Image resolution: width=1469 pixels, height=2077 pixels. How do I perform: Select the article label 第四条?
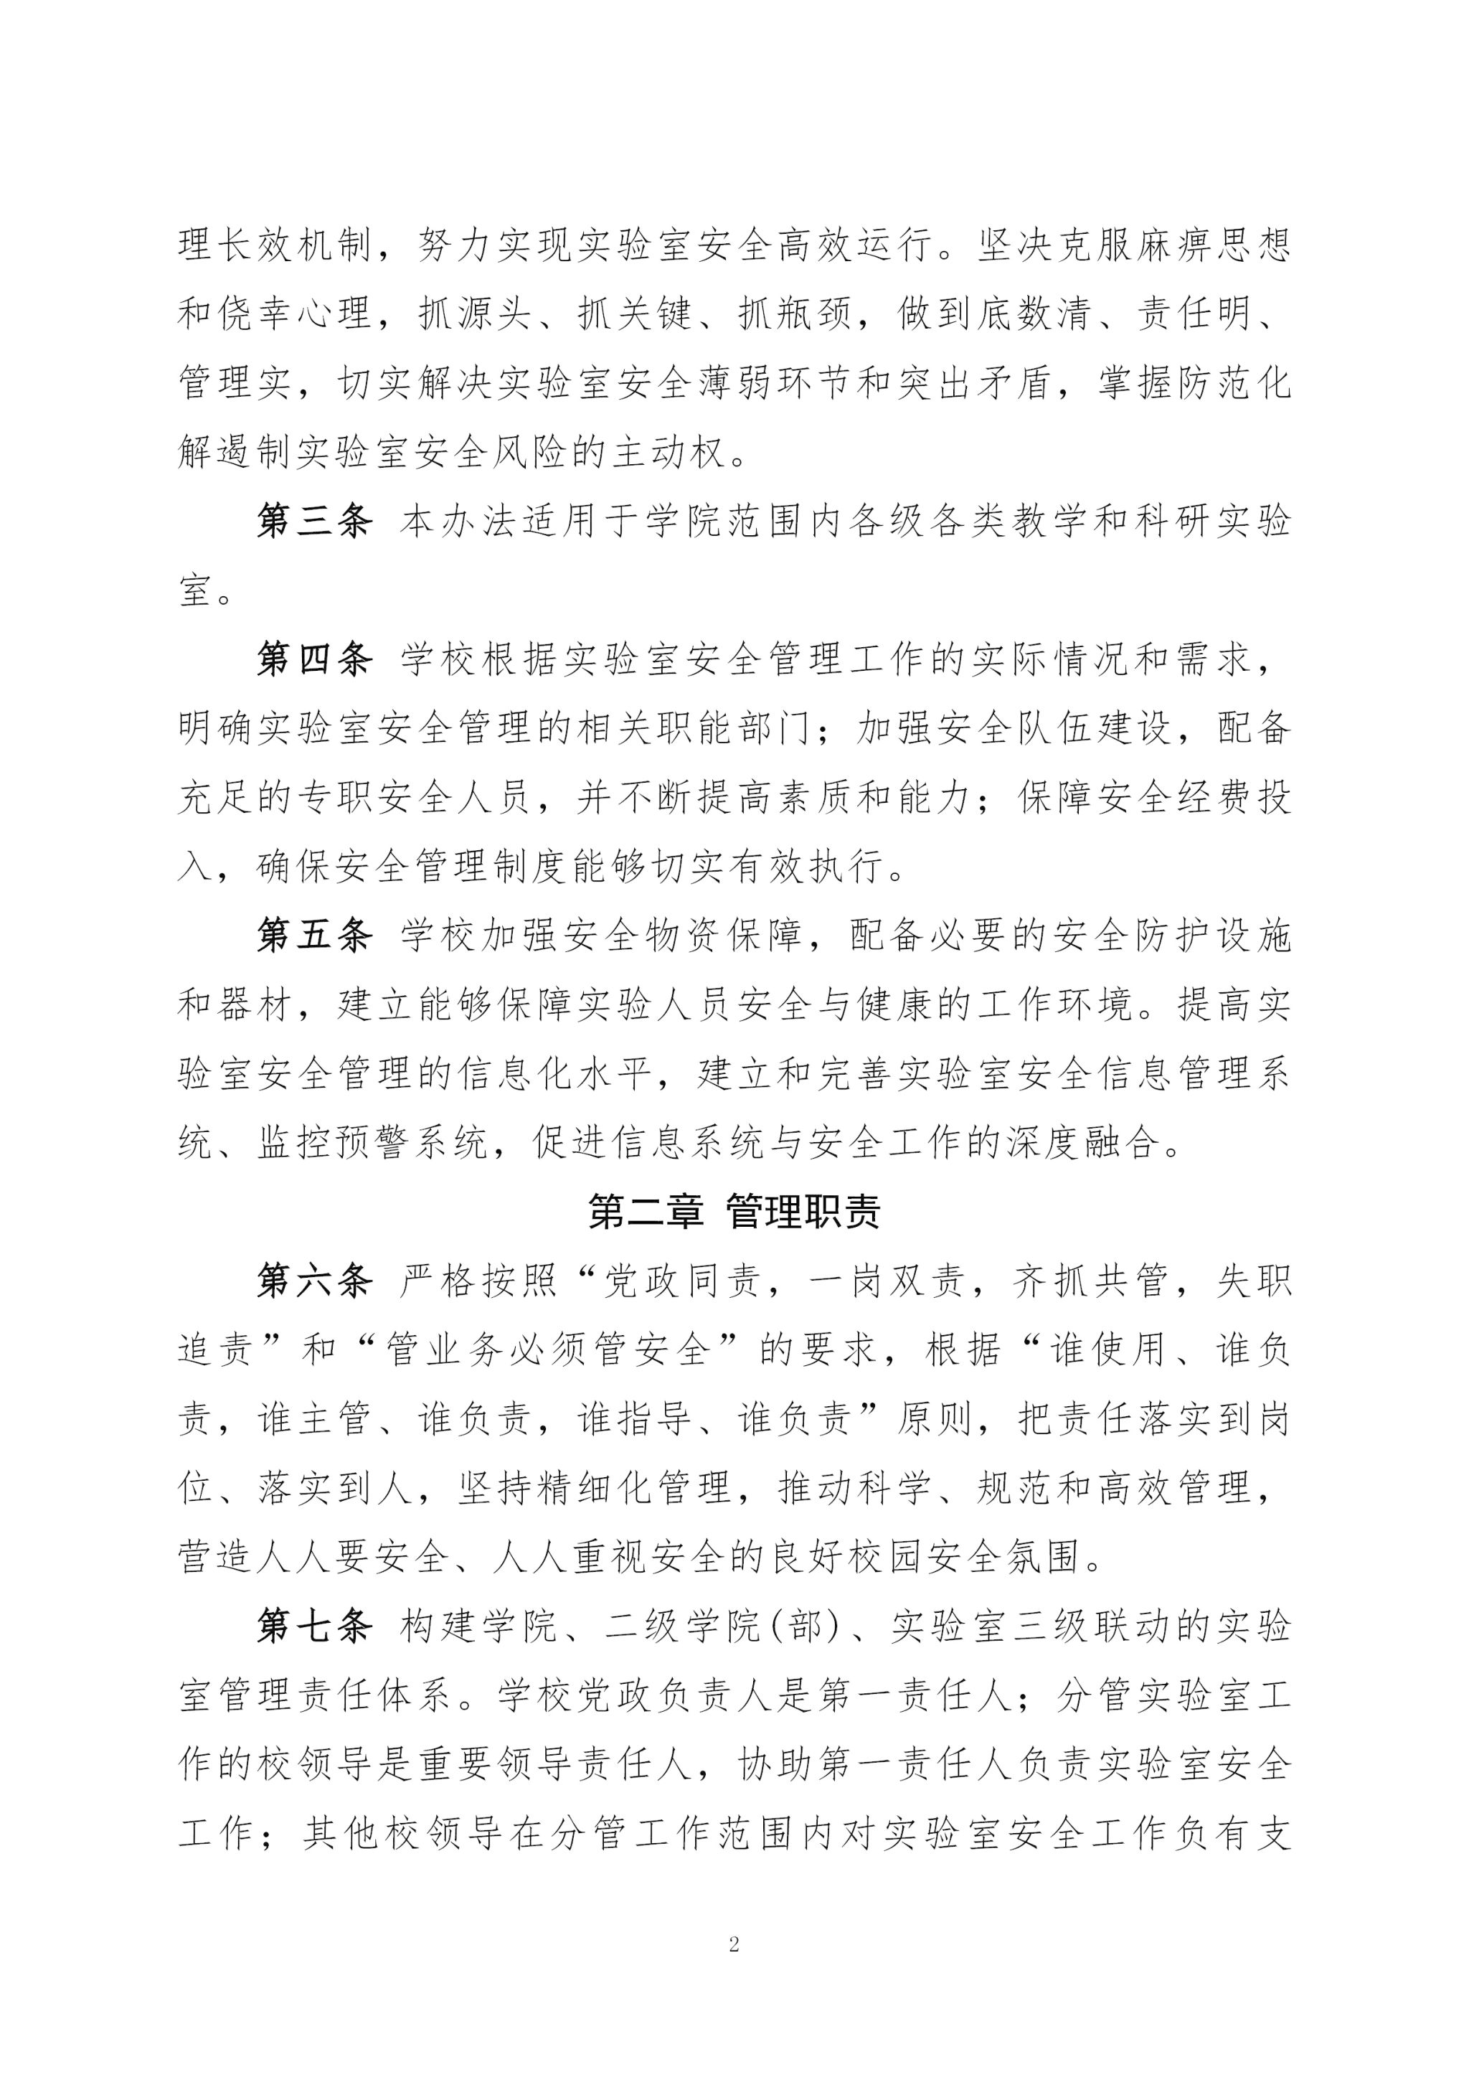[314, 660]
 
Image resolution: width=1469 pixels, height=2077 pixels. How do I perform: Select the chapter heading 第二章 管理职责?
[734, 1211]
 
